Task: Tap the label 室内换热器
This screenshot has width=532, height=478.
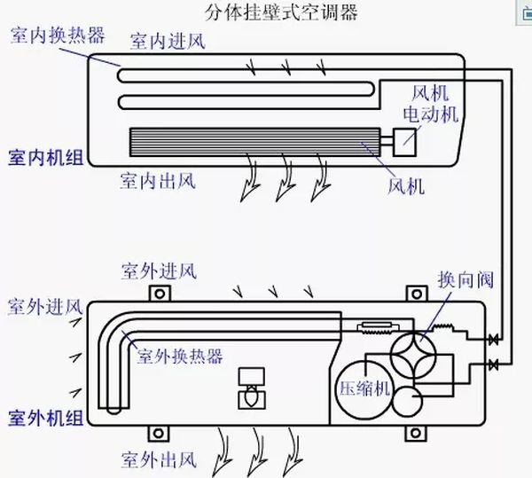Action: point(58,35)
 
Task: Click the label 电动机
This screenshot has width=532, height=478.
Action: point(430,114)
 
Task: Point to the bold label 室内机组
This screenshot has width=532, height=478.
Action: point(45,157)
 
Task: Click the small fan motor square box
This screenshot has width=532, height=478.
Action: point(408,137)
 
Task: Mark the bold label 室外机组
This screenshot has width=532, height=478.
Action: point(46,416)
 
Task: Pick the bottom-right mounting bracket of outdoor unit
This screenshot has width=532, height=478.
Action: point(413,433)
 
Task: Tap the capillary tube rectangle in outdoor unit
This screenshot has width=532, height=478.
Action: point(370,331)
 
